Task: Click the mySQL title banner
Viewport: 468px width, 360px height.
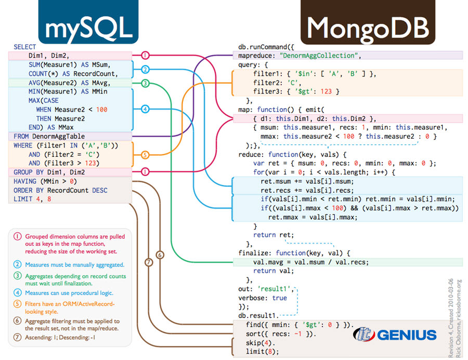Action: coord(88,22)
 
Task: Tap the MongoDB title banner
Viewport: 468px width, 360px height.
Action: coord(368,22)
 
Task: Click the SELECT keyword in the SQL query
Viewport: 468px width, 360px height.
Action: coord(25,47)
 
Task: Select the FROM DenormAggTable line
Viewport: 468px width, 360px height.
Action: coord(49,136)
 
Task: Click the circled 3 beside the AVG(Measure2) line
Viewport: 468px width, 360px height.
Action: coord(145,83)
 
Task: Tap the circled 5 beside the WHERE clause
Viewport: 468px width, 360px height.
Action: coord(145,155)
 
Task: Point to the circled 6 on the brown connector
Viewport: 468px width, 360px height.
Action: coord(160,255)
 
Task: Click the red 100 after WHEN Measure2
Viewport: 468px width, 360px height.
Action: coord(102,110)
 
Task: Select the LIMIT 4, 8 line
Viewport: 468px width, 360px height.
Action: coord(32,199)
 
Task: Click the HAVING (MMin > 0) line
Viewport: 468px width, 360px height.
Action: coord(45,181)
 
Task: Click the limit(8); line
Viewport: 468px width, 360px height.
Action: coord(263,352)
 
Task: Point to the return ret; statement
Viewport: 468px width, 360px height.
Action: coord(274,235)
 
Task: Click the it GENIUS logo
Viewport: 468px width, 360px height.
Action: coord(395,335)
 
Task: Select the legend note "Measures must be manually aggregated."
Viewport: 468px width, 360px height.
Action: coord(74,265)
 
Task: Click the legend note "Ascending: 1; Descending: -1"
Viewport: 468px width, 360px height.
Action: coord(60,338)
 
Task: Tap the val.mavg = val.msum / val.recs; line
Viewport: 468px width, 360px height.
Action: coord(311,262)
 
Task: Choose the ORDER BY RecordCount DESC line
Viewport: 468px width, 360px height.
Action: coord(60,190)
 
